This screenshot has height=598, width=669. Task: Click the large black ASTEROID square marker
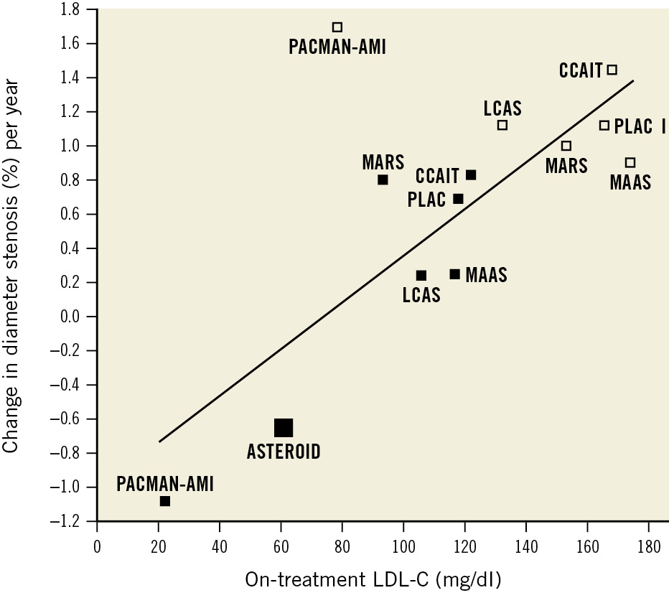point(284,428)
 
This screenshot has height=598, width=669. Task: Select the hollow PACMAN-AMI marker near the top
point(337,27)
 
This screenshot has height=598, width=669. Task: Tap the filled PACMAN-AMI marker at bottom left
point(165,501)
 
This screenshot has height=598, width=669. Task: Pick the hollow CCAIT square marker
point(612,70)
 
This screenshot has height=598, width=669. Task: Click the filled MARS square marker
point(383,179)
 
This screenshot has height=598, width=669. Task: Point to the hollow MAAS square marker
point(630,162)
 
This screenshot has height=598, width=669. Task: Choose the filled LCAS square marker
point(421,276)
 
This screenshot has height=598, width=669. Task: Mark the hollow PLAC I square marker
point(604,126)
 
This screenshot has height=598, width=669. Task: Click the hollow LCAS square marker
point(502,125)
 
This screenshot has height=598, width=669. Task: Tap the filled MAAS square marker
point(454,274)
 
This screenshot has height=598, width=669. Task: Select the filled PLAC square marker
point(458,199)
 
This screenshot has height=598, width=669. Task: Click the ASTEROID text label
point(284,452)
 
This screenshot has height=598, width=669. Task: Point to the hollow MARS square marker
point(566,146)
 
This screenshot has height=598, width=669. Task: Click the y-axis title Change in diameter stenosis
point(12,266)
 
